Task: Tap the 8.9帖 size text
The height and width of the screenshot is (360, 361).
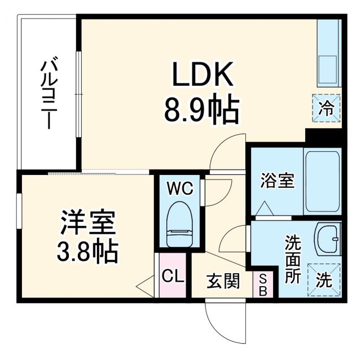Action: tap(201, 109)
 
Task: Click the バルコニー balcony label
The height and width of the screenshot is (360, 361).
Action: tap(48, 93)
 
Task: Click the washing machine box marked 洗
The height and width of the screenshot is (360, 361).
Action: tap(324, 279)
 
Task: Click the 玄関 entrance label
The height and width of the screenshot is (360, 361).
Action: tap(222, 280)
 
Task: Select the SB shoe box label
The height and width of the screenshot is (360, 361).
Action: tap(262, 284)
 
